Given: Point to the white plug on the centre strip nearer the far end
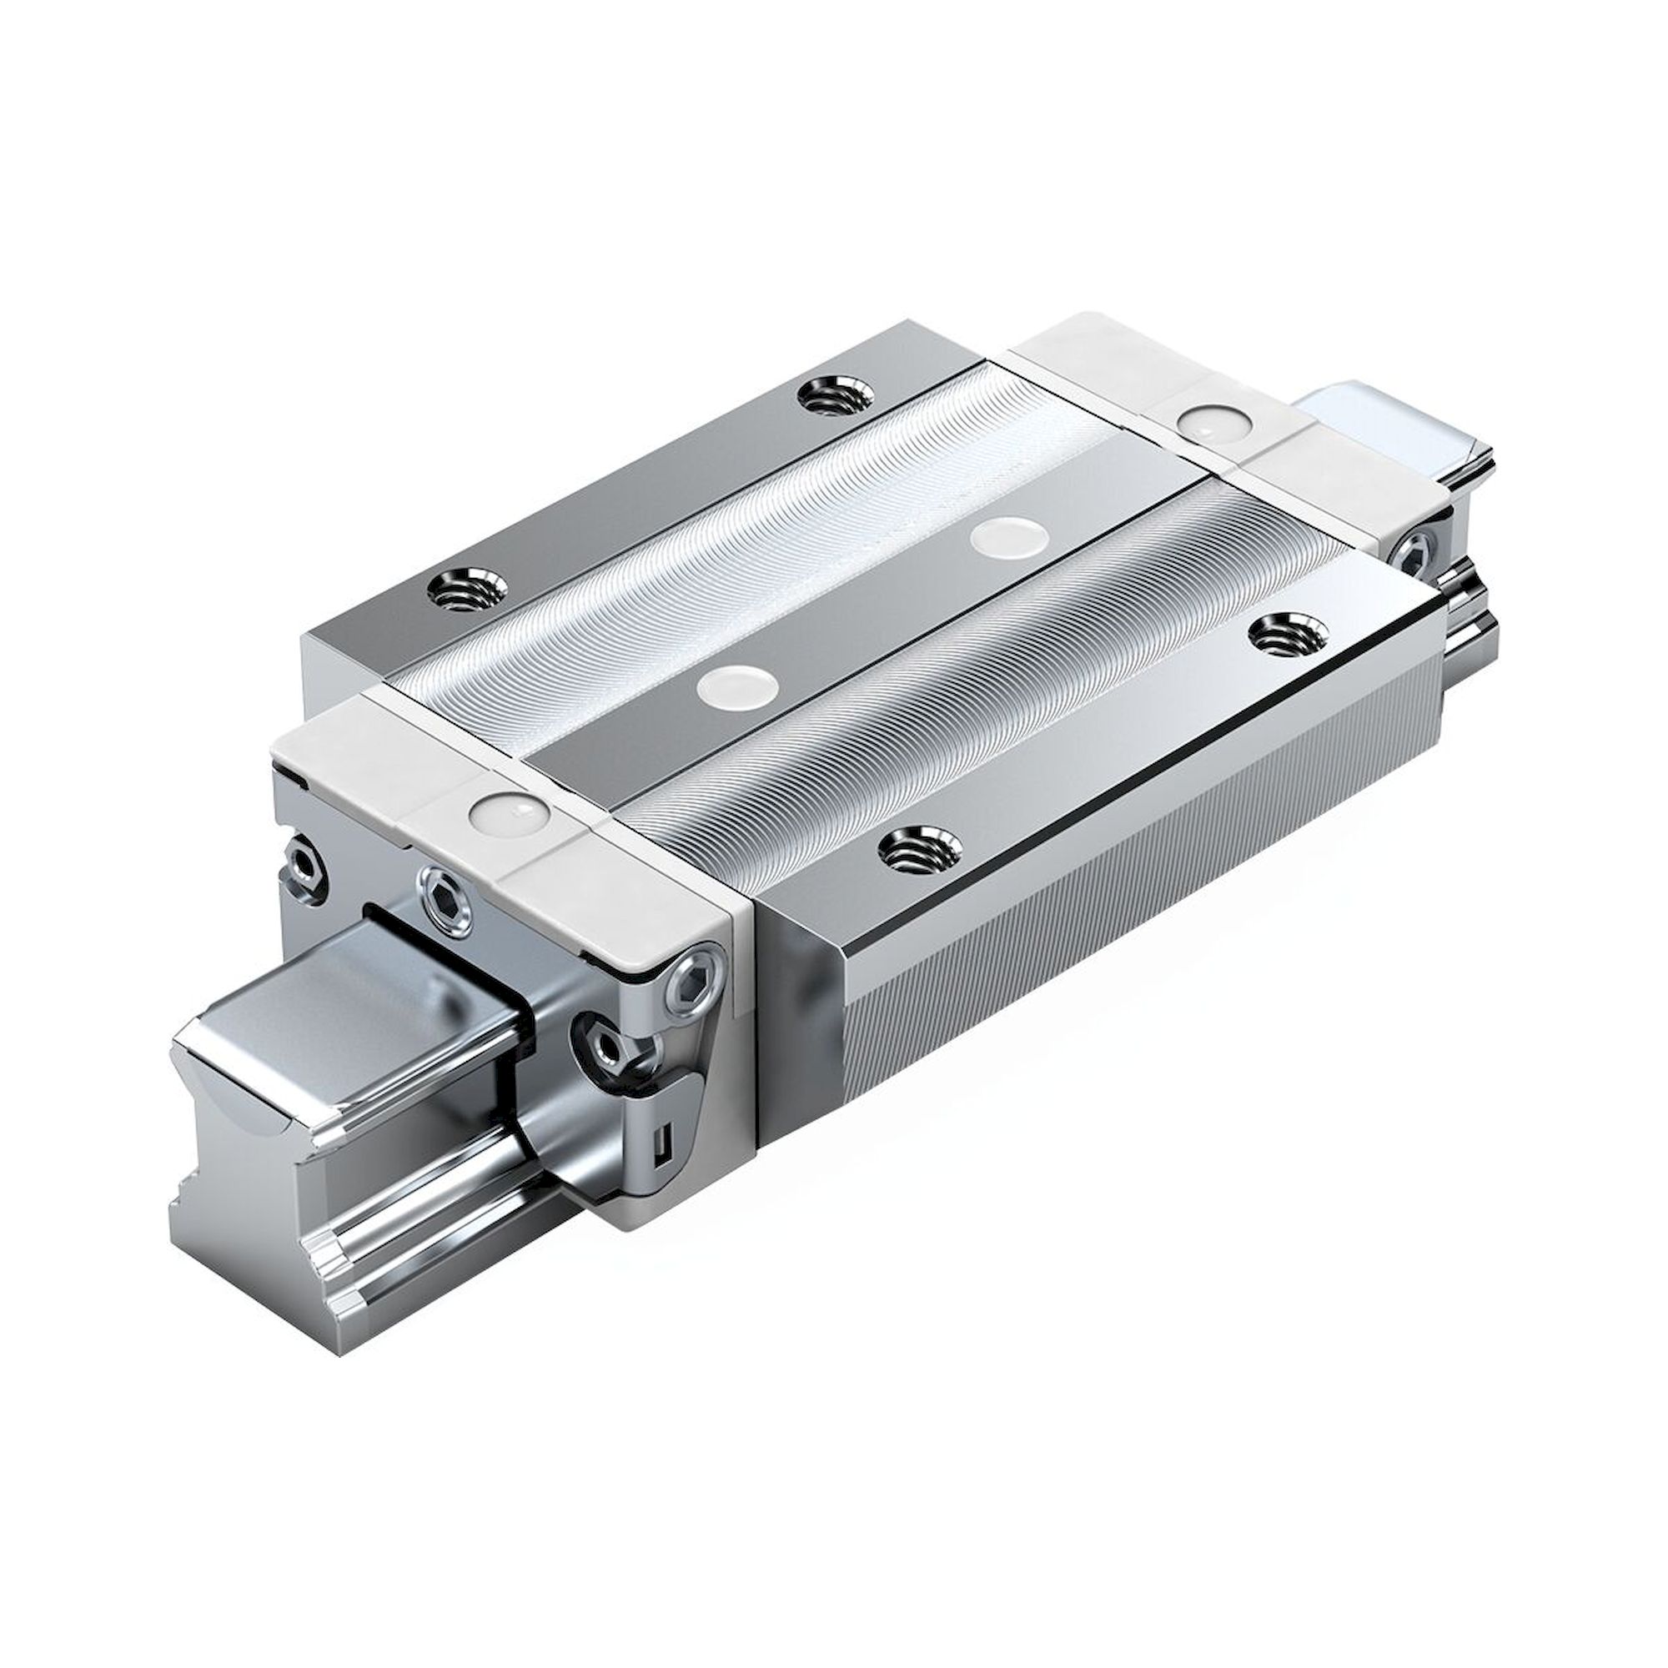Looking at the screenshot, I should tap(1005, 537).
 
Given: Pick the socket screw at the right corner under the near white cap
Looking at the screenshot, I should tap(697, 983).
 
